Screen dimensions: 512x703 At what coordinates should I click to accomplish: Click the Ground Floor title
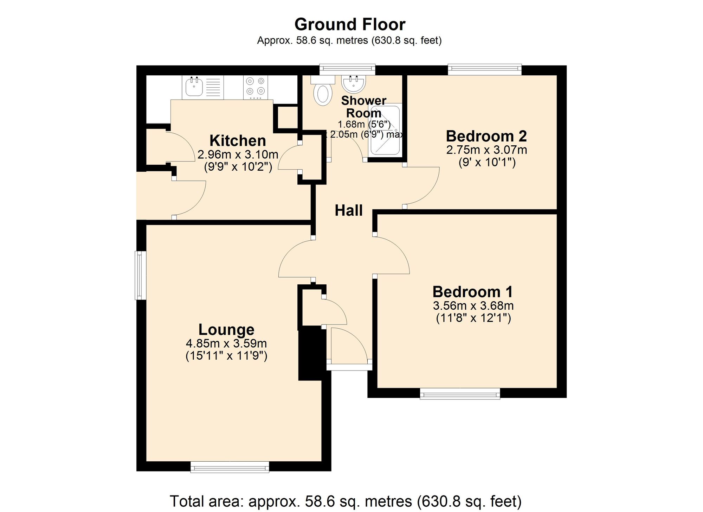pos(350,25)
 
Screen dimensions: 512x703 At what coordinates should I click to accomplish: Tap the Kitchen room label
pos(238,141)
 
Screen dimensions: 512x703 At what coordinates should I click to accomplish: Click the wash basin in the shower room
pos(353,83)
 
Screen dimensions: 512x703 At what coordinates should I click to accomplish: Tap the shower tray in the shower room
pos(385,130)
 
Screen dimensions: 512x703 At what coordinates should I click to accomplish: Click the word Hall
pos(348,210)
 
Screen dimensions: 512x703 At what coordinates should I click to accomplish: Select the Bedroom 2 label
pos(486,136)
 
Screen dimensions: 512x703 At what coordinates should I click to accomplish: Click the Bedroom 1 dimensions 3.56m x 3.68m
pos(473,305)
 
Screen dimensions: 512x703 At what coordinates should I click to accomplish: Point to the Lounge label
pos(226,330)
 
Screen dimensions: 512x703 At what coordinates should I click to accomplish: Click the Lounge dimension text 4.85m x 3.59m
pos(226,343)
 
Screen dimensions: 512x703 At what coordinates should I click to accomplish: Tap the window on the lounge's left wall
pos(141,275)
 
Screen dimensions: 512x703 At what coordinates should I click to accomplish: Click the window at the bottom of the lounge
pos(230,467)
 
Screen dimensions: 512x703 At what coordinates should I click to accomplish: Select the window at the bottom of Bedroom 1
pos(460,394)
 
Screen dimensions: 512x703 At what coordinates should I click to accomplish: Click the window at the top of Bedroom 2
pos(484,69)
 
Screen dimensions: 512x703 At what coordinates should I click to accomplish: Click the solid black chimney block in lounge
pos(311,353)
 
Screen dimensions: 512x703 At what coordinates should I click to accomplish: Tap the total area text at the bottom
pos(346,501)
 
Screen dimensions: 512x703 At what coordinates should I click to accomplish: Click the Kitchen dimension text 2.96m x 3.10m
pos(238,154)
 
